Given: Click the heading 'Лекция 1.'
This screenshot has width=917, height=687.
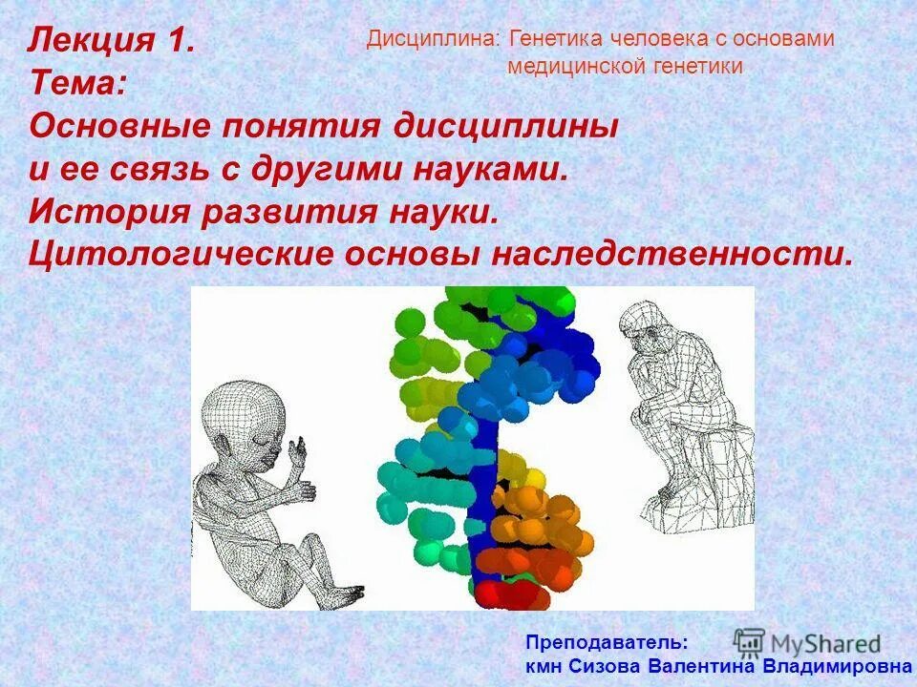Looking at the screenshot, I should (113, 41).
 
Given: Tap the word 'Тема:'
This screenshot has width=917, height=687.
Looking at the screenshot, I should (76, 83).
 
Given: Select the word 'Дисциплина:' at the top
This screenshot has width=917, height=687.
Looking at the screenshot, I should (435, 39).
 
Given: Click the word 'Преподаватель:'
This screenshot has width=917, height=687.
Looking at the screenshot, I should (606, 643).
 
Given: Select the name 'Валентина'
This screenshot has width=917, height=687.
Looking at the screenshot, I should (701, 666).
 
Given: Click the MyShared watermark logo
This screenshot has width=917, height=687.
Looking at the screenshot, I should (807, 642).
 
